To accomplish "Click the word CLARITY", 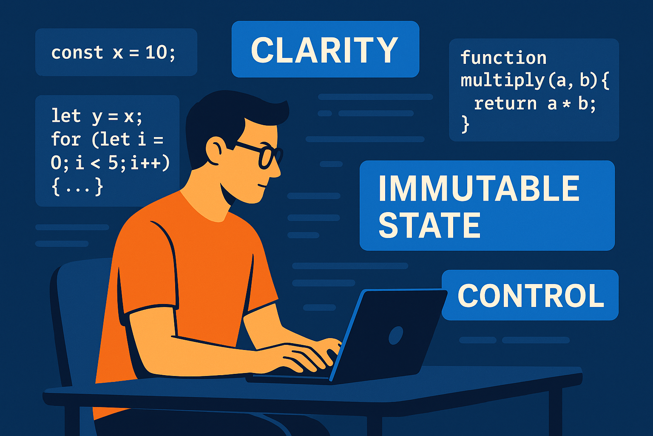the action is pyautogui.click(x=324, y=50).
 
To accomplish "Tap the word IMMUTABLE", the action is pyautogui.click(x=479, y=188).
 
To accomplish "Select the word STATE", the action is pyautogui.click(x=429, y=225).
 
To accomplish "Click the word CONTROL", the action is pyautogui.click(x=531, y=296).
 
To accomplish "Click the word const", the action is pyautogui.click(x=77, y=53).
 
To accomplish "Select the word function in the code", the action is pyautogui.click(x=503, y=57).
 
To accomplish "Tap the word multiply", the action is pyautogui.click(x=503, y=81).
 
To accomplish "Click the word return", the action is pyautogui.click(x=505, y=103).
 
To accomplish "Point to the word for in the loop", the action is pyautogui.click(x=65, y=139).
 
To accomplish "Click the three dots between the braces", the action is pyautogui.click(x=77, y=190).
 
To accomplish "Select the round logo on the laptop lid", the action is pyautogui.click(x=396, y=335).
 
